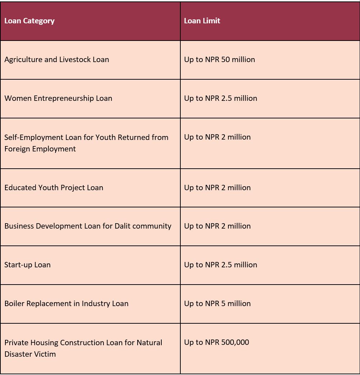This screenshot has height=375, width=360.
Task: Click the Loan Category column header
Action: (x=29, y=21)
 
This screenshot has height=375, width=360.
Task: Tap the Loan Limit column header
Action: (x=202, y=21)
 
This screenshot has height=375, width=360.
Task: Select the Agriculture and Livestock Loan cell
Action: (x=57, y=60)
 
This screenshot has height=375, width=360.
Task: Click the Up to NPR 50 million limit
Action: (x=220, y=60)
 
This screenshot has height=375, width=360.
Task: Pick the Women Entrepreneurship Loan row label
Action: (x=58, y=98)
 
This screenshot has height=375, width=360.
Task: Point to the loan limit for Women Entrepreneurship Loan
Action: (x=221, y=98)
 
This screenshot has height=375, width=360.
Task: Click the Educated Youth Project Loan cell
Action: (x=54, y=188)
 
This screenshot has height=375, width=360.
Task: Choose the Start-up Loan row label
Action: (x=27, y=265)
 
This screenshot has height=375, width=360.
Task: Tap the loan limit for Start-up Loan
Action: (x=221, y=265)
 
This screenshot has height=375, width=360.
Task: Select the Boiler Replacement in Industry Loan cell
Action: (x=66, y=304)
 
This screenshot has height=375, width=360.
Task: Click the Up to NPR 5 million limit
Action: (x=217, y=304)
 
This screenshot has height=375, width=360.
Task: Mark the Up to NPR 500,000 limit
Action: (x=217, y=342)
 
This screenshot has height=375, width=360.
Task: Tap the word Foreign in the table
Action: (x=17, y=149)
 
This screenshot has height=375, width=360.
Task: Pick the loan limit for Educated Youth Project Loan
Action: (x=217, y=188)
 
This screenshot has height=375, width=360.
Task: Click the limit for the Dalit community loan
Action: (x=217, y=226)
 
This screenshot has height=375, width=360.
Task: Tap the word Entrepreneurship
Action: (x=64, y=98)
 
